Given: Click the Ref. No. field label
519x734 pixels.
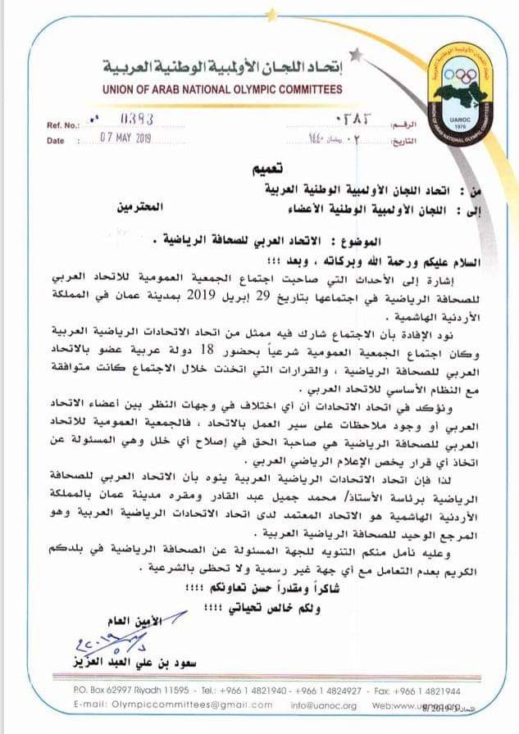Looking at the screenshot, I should [x=63, y=125].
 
